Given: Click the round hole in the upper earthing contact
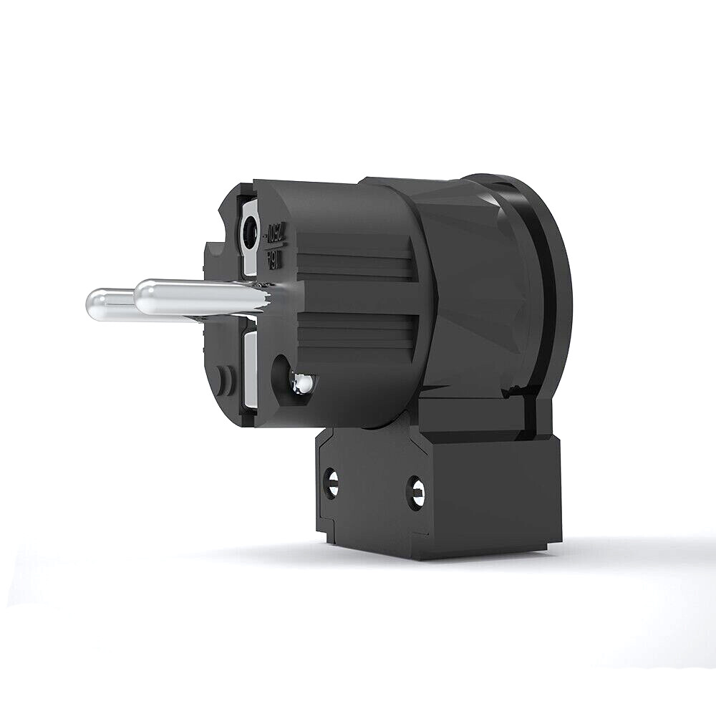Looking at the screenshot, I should [x=251, y=233].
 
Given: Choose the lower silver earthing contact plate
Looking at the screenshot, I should [x=251, y=369].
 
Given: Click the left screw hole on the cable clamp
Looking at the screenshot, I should [x=331, y=483].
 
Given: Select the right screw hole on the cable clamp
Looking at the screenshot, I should [x=415, y=493].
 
